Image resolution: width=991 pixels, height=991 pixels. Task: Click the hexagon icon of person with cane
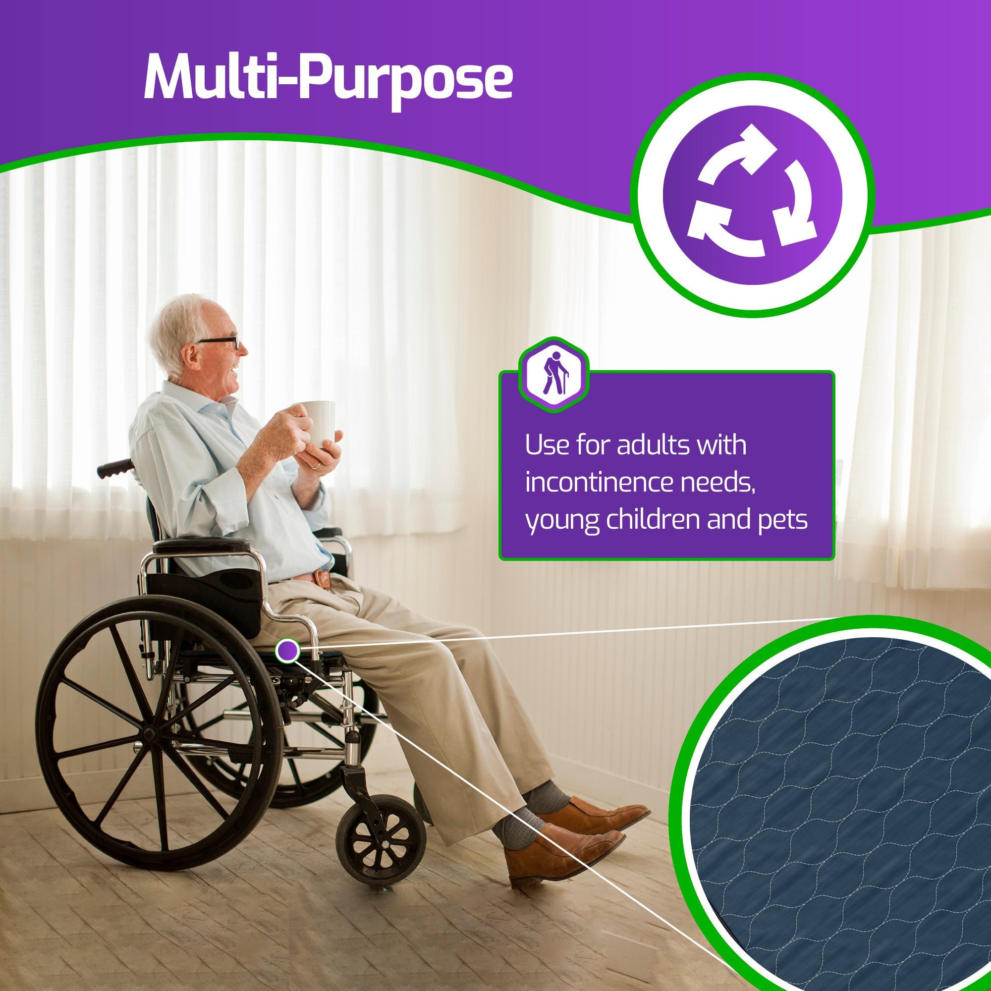coord(553,375)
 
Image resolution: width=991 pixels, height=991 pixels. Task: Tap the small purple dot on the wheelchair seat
coord(287,651)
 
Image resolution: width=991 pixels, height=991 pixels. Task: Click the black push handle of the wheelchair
coord(116,468)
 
